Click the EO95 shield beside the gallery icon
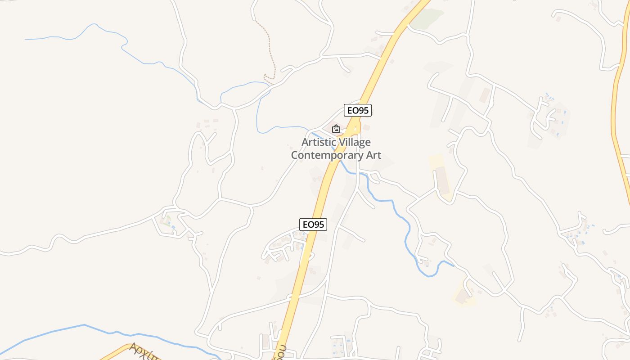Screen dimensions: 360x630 click(x=358, y=110)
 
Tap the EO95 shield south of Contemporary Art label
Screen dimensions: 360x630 click(x=313, y=225)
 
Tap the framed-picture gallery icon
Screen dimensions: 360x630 click(x=336, y=129)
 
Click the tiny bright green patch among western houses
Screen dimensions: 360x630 click(x=168, y=220)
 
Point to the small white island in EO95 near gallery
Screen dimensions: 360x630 click(x=355, y=129)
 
